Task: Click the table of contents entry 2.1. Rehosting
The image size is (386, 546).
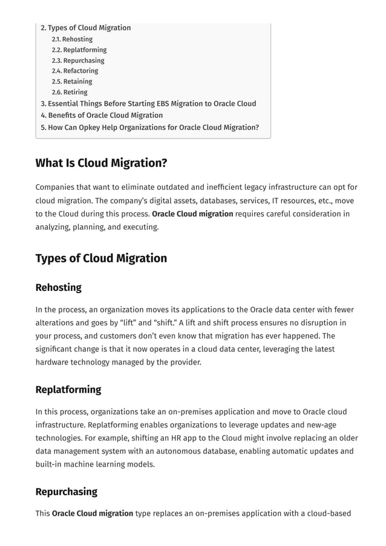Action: (x=72, y=39)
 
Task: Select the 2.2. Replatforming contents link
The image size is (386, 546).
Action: (x=79, y=50)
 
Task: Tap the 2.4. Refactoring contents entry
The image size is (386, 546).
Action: (x=74, y=71)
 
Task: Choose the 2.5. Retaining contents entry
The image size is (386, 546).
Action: (x=71, y=82)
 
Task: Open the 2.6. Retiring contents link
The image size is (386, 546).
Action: (x=69, y=92)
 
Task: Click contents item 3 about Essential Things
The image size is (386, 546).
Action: (x=148, y=103)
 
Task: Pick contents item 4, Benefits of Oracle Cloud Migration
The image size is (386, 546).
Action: (x=102, y=115)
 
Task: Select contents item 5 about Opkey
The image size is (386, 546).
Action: (x=149, y=127)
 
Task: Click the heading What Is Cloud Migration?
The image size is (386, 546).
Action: (x=101, y=163)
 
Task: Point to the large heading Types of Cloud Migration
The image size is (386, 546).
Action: (x=101, y=258)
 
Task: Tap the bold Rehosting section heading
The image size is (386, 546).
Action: (x=58, y=287)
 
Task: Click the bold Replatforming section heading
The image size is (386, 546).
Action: (x=68, y=389)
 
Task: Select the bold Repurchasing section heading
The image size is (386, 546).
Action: (x=66, y=492)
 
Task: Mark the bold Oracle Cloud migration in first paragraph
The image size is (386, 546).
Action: (x=192, y=214)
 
